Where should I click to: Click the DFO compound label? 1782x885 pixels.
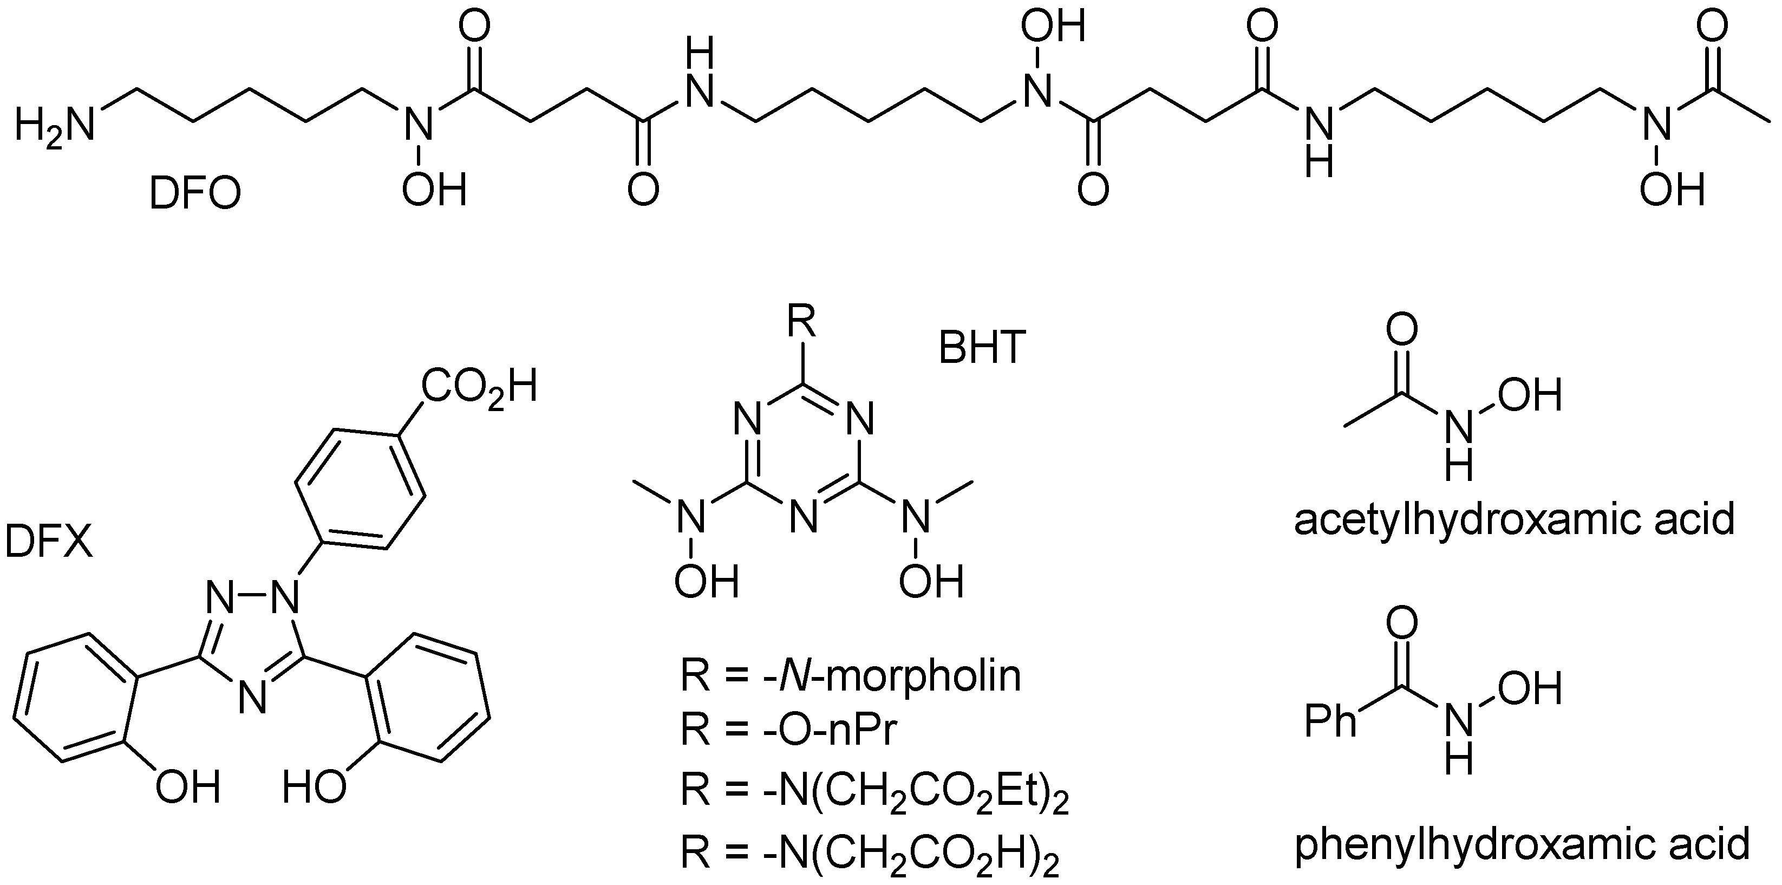(x=195, y=194)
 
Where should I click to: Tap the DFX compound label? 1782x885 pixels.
(x=48, y=541)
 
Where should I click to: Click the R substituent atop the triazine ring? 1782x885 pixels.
(x=802, y=322)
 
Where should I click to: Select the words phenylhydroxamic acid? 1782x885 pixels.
(x=1522, y=845)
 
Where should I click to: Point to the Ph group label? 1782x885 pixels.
(x=1329, y=721)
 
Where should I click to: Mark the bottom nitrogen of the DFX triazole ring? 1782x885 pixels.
(x=252, y=698)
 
